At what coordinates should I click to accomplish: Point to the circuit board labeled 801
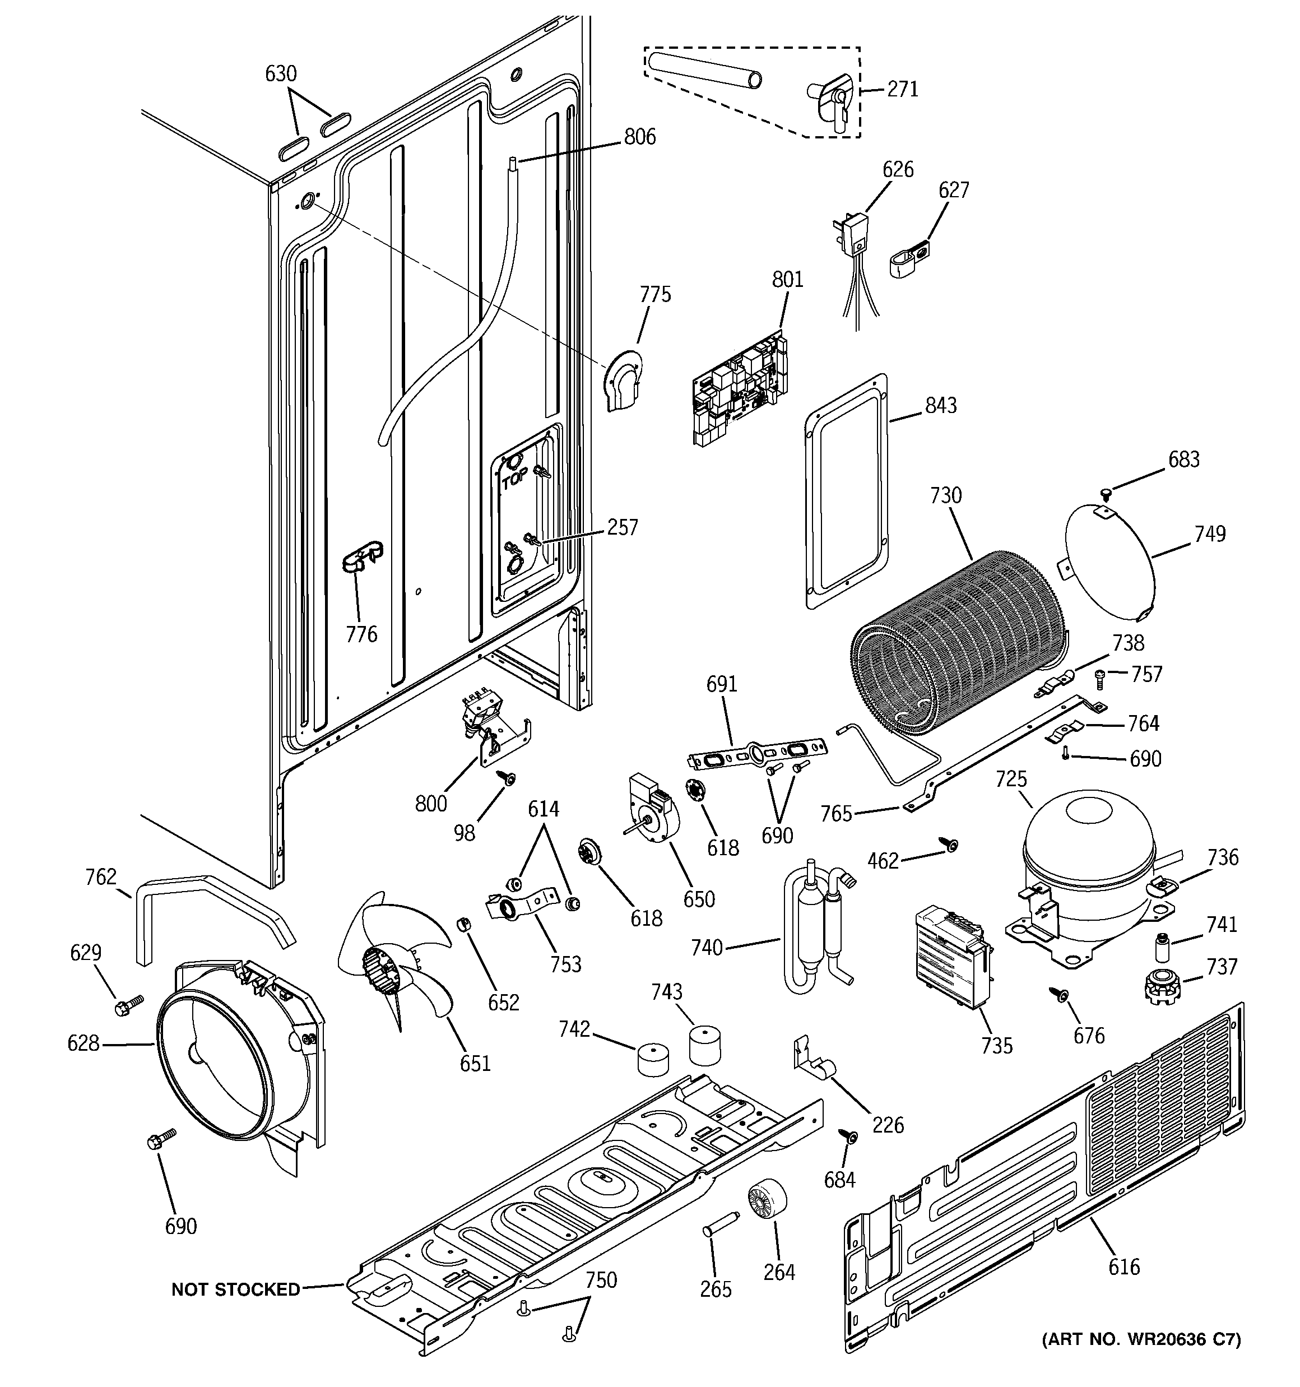point(741,391)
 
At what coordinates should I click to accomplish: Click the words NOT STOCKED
point(235,1290)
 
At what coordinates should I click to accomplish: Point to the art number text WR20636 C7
point(1140,1339)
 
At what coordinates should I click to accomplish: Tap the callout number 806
point(639,137)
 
